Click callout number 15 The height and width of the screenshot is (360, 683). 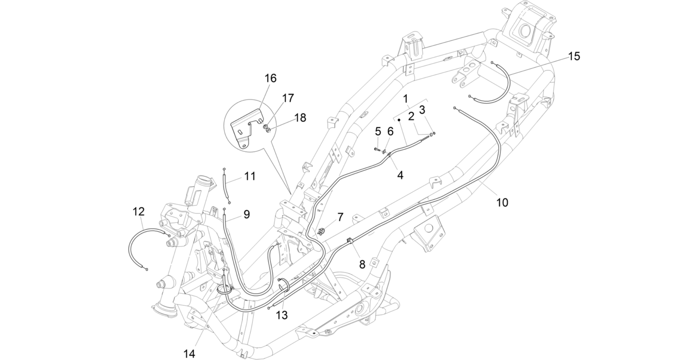pos(574,56)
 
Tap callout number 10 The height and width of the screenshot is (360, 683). pos(502,202)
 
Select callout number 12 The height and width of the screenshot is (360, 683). pos(139,212)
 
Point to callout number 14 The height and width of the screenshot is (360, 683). pos(189,353)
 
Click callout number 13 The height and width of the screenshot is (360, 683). pos(282,315)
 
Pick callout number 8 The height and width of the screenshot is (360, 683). pos(362,264)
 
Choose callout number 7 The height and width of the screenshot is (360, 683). pos(340,217)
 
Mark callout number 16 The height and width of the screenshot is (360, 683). pos(271,78)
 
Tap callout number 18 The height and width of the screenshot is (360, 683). pos(300,118)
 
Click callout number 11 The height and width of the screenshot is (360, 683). pos(250,176)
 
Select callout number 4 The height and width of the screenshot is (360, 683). pos(400,174)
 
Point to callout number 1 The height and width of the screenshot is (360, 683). pos(405,99)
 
